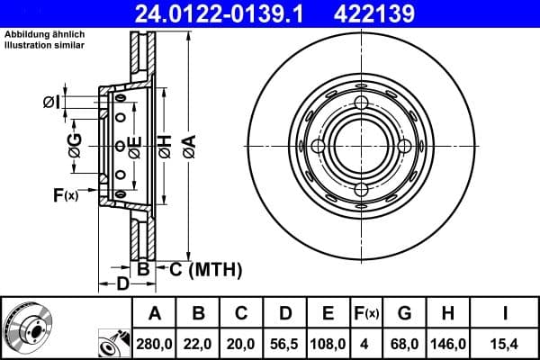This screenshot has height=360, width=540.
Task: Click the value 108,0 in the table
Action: [x=328, y=344]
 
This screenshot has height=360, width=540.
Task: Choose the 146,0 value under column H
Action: [x=449, y=344]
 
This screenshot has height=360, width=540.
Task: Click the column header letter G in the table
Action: [x=404, y=313]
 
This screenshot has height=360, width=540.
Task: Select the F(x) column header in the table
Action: [x=365, y=313]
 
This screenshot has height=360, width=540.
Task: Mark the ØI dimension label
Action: [x=51, y=103]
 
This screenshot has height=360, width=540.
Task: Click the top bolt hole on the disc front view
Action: [x=360, y=103]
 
